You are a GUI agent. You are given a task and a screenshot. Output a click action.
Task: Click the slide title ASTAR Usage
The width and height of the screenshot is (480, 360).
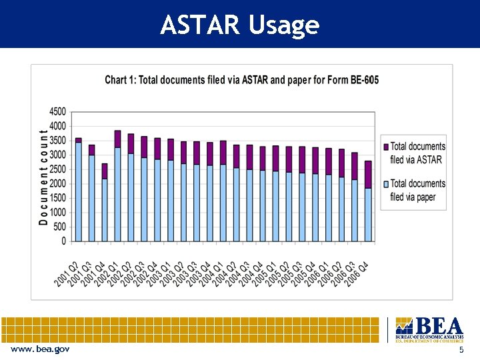pyautogui.click(x=240, y=25)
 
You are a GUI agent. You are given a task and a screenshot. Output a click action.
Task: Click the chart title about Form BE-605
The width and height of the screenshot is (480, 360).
pyautogui.click(x=241, y=80)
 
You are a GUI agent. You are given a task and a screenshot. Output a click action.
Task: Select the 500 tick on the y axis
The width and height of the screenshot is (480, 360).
pyautogui.click(x=60, y=227)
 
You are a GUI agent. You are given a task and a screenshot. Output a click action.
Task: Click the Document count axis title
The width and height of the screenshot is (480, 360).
pyautogui.click(x=43, y=177)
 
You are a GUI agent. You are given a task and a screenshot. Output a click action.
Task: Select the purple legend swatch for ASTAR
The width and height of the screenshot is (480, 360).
pyautogui.click(x=385, y=147)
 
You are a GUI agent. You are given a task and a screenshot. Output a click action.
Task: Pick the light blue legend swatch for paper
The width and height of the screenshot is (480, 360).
pyautogui.click(x=385, y=183)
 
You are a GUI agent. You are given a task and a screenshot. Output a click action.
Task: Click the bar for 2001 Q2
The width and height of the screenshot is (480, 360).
pyautogui.click(x=79, y=190)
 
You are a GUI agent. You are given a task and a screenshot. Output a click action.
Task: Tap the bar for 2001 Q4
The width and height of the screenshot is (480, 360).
pyautogui.click(x=105, y=203)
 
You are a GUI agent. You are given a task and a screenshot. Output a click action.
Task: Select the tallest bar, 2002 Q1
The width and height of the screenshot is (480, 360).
pyautogui.click(x=117, y=187)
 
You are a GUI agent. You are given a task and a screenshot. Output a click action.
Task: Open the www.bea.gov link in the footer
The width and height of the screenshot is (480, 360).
pyautogui.click(x=39, y=349)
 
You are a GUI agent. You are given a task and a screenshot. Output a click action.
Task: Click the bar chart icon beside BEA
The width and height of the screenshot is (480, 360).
pyautogui.click(x=403, y=326)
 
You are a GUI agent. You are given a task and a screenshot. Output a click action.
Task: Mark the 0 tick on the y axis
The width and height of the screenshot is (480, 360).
pyautogui.click(x=63, y=241)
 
